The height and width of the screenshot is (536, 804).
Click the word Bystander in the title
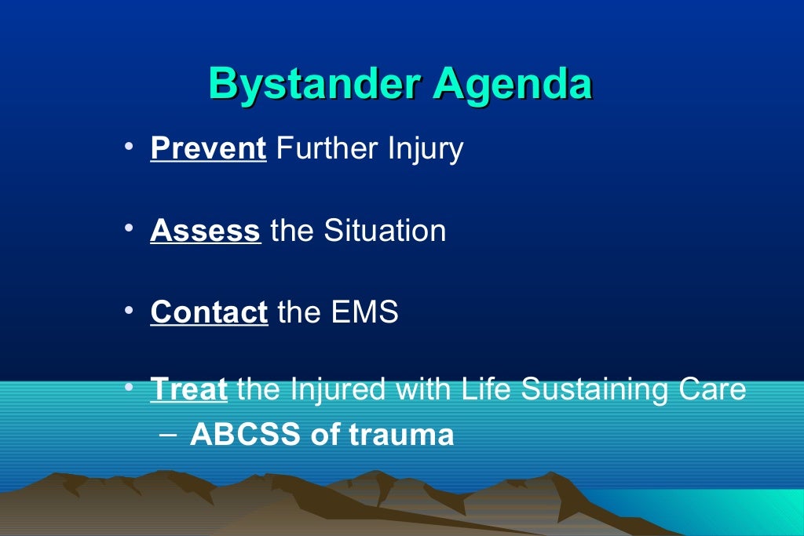pyautogui.click(x=313, y=84)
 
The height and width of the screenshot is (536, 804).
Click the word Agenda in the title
pyautogui.click(x=512, y=84)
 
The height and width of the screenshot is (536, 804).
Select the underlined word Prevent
pyautogui.click(x=208, y=148)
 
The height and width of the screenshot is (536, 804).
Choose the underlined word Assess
pyautogui.click(x=205, y=231)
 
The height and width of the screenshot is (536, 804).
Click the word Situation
pyautogui.click(x=385, y=231)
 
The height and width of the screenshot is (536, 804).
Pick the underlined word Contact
pyautogui.click(x=209, y=312)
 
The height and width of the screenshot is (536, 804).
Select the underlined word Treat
pyautogui.click(x=188, y=389)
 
